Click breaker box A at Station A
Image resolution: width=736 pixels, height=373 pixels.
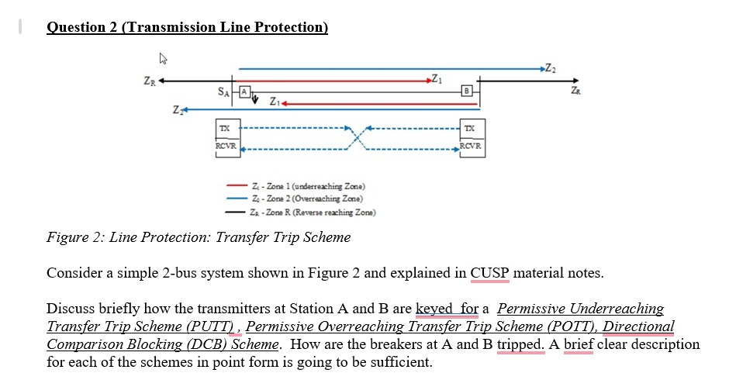point(244,92)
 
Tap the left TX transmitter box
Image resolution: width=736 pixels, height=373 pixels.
point(225,127)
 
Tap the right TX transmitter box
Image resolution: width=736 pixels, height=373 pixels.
point(471,127)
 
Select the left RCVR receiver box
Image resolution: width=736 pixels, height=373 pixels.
point(226,145)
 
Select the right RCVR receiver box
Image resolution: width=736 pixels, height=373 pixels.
point(471,145)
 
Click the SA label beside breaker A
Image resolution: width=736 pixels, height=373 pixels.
point(225,92)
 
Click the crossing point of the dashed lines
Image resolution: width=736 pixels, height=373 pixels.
point(355,136)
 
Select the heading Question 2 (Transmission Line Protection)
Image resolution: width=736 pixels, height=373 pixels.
point(187,27)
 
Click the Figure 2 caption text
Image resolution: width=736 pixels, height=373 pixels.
point(199,237)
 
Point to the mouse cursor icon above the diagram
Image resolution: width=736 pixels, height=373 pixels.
point(164,58)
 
